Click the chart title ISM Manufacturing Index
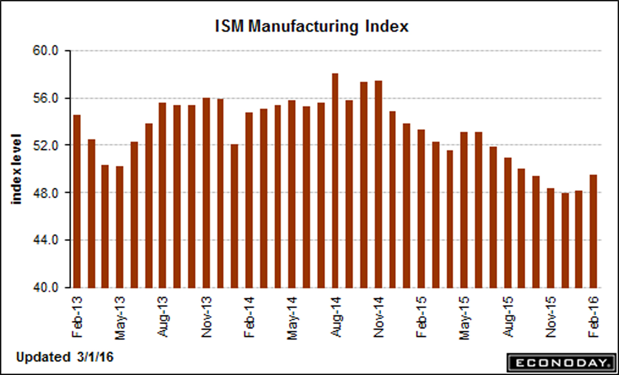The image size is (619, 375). (x=311, y=26)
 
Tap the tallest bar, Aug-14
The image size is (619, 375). (x=335, y=180)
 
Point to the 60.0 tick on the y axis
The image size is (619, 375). (x=46, y=51)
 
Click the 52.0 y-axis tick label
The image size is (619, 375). (x=46, y=146)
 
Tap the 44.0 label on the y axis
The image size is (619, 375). (x=46, y=240)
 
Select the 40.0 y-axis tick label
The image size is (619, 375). (x=46, y=288)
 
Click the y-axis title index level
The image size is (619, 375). (x=17, y=169)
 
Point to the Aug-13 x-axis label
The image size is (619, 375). (x=163, y=317)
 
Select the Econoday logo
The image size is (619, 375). (x=561, y=363)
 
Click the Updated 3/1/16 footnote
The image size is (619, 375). (x=65, y=357)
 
